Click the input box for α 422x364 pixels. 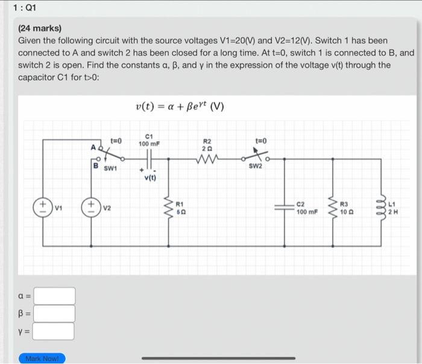(54, 296)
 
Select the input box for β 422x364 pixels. (54, 313)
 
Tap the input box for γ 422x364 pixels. (54, 331)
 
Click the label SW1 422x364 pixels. (109, 169)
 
